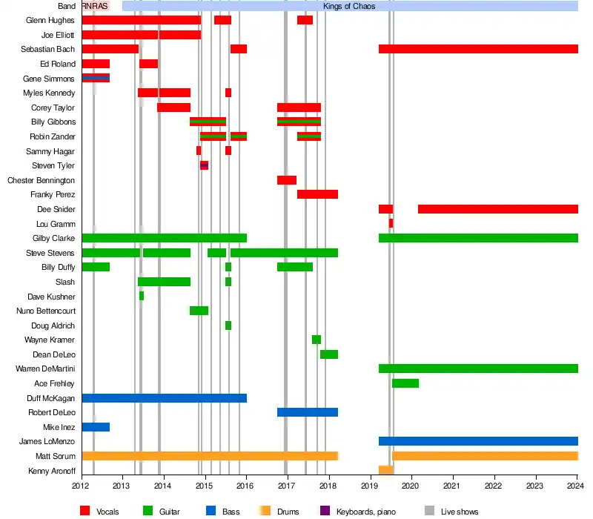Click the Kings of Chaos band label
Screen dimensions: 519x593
(x=349, y=6)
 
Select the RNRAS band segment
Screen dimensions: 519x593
(x=95, y=6)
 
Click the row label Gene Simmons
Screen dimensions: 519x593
(x=49, y=79)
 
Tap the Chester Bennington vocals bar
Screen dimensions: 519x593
(x=286, y=180)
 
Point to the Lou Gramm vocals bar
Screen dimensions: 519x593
(x=391, y=223)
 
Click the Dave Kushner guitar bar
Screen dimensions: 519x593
(x=142, y=296)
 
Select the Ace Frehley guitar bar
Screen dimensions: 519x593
(x=405, y=383)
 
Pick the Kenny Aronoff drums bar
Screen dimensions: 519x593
(x=385, y=470)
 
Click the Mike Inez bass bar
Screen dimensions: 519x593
(x=96, y=427)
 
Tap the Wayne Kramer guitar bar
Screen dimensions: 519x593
(x=317, y=340)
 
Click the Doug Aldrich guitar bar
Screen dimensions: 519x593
(x=228, y=325)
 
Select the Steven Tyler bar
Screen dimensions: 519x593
(x=204, y=165)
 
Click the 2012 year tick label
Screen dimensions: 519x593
(x=82, y=485)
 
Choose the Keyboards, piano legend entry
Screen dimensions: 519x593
(x=365, y=512)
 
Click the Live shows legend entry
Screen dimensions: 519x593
(x=458, y=512)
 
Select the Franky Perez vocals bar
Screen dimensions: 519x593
(x=317, y=194)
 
